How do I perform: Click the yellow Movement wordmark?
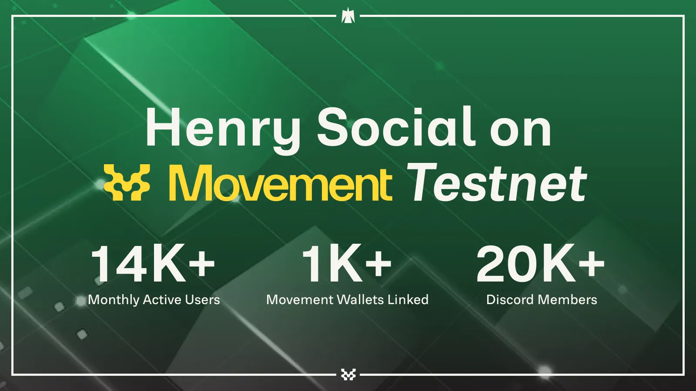pos(280,183)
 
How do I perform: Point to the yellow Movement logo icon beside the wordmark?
pos(127,182)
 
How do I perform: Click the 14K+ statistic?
pos(153,263)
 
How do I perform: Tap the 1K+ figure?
pos(347,263)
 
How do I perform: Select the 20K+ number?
pos(541,263)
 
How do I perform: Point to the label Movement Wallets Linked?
pos(348,300)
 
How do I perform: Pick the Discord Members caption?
pos(542,300)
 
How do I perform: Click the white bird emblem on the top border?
pos(348,16)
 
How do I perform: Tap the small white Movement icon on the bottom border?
pos(348,374)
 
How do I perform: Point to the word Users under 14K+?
pos(203,300)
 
